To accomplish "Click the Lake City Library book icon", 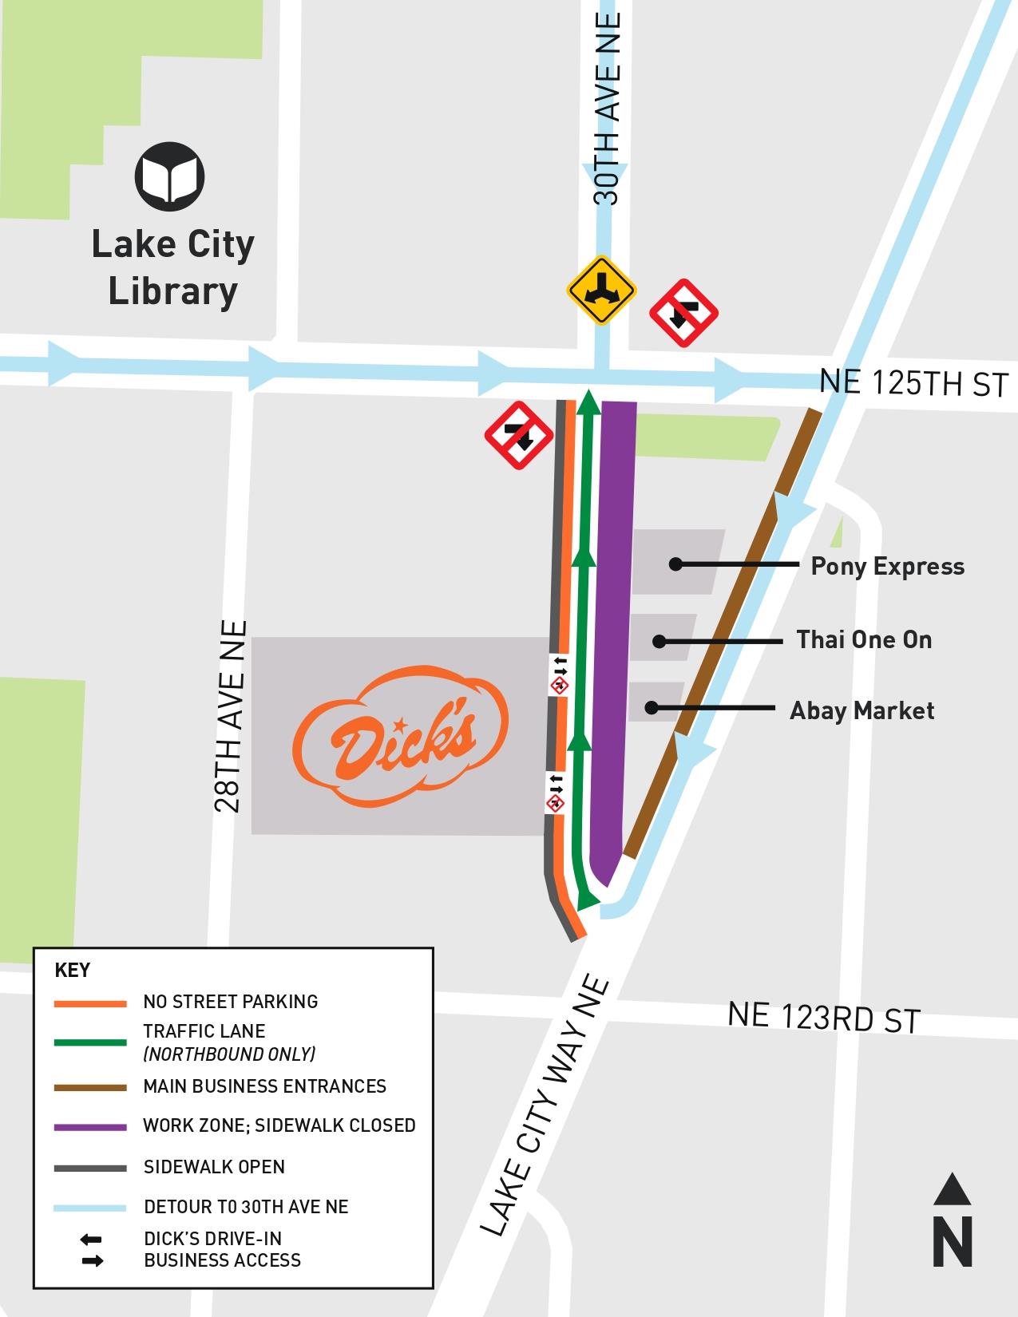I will click(x=169, y=176).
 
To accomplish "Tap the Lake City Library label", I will click(x=172, y=267).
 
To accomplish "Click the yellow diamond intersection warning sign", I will click(x=600, y=290).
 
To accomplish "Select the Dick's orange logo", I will click(x=401, y=735).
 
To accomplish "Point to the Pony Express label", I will click(x=887, y=567).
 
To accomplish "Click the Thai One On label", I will click(x=864, y=640).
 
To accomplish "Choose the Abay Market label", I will click(x=862, y=710).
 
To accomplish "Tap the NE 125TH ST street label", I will click(x=913, y=383).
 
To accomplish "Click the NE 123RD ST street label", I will click(x=823, y=1018).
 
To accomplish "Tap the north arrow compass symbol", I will click(x=952, y=1220).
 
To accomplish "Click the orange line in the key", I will click(x=90, y=1003).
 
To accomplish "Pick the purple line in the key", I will click(x=90, y=1127).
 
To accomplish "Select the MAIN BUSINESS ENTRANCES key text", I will click(x=264, y=1086).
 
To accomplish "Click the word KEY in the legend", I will click(x=72, y=971).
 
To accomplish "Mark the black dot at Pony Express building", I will click(x=675, y=564).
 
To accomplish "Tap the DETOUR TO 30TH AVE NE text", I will click(x=246, y=1206).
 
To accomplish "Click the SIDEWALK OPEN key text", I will click(x=214, y=1167).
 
